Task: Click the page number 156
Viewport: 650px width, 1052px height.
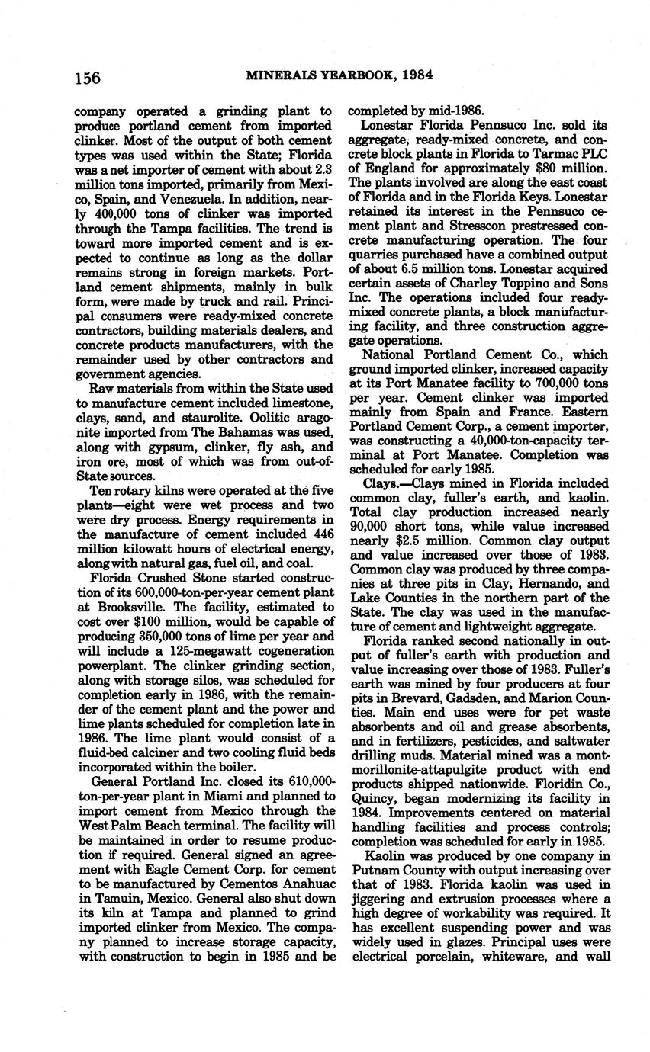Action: (88, 78)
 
